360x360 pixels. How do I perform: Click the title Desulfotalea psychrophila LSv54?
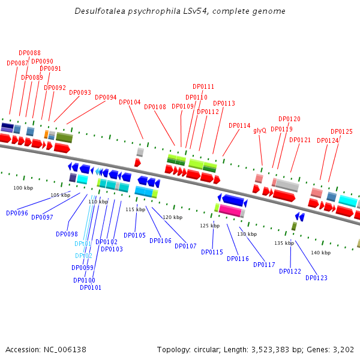(x=180, y=11)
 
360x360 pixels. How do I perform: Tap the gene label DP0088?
(x=30, y=53)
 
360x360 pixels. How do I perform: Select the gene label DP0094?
(x=106, y=97)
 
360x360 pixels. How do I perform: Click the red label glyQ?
(x=260, y=130)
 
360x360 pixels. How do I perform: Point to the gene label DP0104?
(x=130, y=102)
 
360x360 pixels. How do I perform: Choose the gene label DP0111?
(x=203, y=87)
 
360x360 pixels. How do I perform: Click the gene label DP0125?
(x=341, y=132)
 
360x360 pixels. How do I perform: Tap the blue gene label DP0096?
(x=17, y=213)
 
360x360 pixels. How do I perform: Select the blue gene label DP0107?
(x=185, y=246)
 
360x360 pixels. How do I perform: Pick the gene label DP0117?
(x=264, y=265)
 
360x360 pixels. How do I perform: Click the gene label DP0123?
(x=316, y=278)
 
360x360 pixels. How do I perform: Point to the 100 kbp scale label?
(x=23, y=188)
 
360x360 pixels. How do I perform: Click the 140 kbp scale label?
(x=320, y=253)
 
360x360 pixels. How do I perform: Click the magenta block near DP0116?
(x=230, y=211)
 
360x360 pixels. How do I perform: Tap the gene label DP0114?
(x=239, y=126)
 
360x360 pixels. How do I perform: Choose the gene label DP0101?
(x=91, y=287)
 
